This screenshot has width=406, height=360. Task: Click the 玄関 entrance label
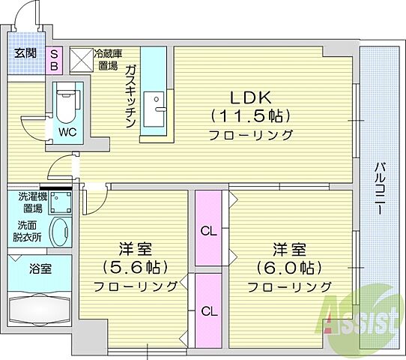point(26,53)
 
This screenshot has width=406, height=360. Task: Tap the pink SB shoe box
point(55,58)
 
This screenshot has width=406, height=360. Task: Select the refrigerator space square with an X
point(80,58)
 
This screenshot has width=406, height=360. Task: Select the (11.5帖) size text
point(250,117)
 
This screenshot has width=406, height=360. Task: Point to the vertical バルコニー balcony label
point(381,187)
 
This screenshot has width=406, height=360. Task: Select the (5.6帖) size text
point(136,267)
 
